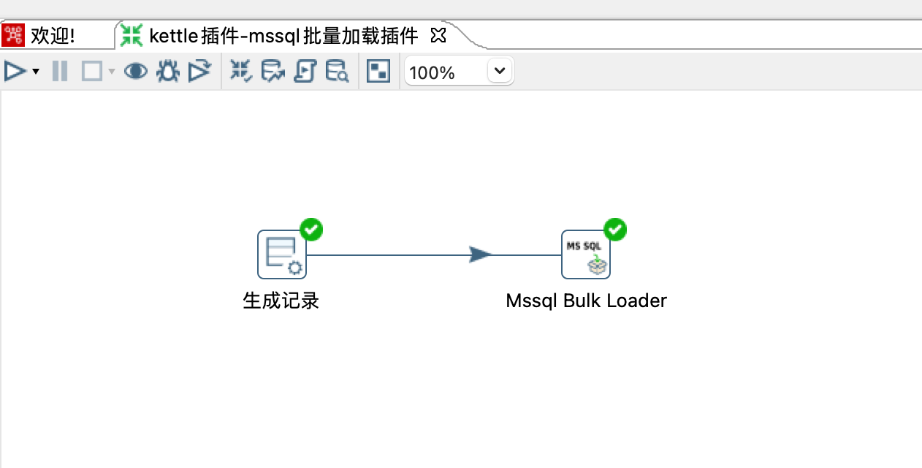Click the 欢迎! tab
point(52,35)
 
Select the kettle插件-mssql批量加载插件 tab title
point(283,35)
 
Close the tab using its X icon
point(438,34)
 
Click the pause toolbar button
point(60,71)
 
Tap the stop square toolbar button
point(92,71)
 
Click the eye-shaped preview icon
point(135,71)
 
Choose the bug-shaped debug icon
point(168,71)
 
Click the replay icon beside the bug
point(199,71)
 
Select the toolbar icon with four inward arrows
point(240,71)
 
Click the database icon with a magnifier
point(337,71)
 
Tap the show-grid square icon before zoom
point(378,71)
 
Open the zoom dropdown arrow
point(500,71)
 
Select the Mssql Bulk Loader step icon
point(586,254)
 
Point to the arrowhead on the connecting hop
point(480,254)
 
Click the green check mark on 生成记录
point(312,229)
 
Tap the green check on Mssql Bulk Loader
point(616,229)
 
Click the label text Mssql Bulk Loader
point(586,301)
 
